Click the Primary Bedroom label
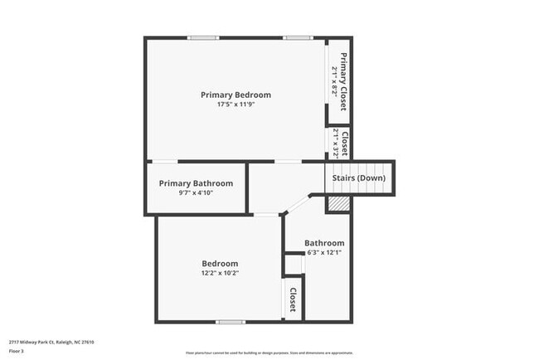tap(236, 95)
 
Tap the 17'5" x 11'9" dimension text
tap(236, 105)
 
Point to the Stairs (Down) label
tap(358, 178)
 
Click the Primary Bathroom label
tap(196, 183)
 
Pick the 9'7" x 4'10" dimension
tap(196, 192)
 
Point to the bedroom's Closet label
tap(293, 299)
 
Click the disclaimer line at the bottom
tap(269, 353)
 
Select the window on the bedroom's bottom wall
tap(230, 322)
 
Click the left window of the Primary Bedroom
tap(202, 38)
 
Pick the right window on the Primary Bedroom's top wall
tap(296, 38)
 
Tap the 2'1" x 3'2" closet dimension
tap(335, 143)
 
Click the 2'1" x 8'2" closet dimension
tap(334, 81)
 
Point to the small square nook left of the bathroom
tap(294, 265)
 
